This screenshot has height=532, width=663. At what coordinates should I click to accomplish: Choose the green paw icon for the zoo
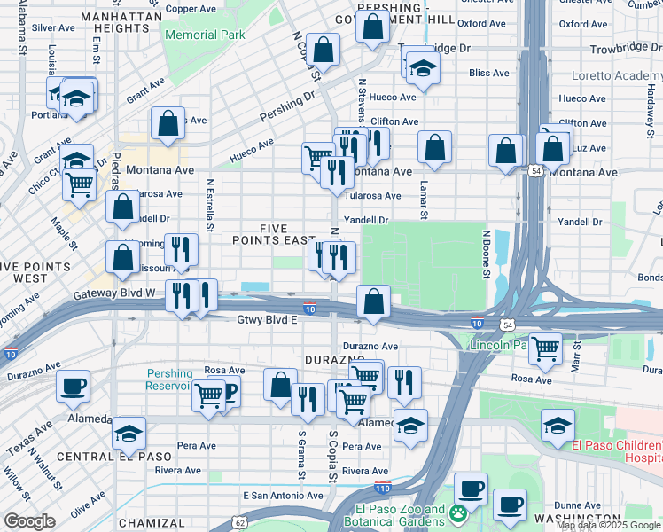pyautogui.click(x=458, y=512)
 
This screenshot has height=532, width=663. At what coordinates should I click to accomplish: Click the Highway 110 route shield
pyautogui.click(x=383, y=488)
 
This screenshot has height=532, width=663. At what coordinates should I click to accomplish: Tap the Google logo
pyautogui.click(x=30, y=520)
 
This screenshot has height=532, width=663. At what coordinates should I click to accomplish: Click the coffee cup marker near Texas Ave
pyautogui.click(x=73, y=386)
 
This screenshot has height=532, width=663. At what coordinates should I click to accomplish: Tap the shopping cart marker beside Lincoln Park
pyautogui.click(x=545, y=348)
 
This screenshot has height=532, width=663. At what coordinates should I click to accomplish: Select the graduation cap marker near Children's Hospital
pyautogui.click(x=557, y=426)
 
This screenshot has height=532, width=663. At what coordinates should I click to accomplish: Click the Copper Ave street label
pyautogui.click(x=191, y=9)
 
